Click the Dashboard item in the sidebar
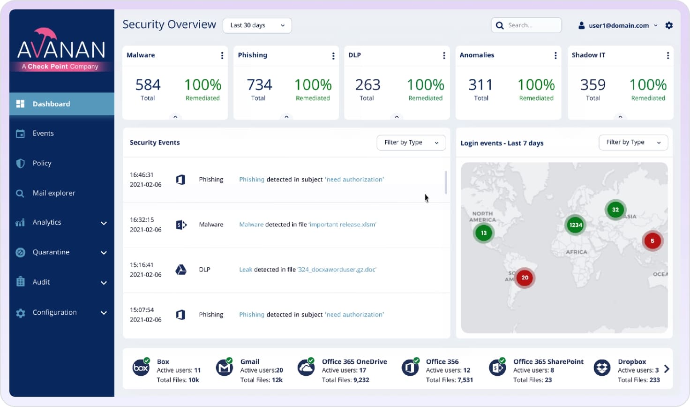coord(52,104)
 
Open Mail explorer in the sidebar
coord(53,193)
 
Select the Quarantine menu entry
coord(51,252)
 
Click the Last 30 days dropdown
coord(257,25)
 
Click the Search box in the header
coord(527,25)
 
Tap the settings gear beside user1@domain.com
coord(669,25)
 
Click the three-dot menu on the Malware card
coord(222,55)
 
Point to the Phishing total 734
coord(259,85)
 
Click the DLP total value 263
coord(367,85)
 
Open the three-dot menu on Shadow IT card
coord(667,55)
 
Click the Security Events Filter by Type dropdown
coord(411,143)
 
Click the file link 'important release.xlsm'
coord(342,225)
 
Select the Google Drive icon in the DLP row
coord(181,270)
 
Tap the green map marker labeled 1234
coord(575,225)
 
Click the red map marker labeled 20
coord(525,278)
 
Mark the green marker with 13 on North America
coord(483,233)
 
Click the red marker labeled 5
coord(652,241)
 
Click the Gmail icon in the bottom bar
coord(224,368)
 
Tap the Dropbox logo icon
coord(602,368)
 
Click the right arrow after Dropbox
coord(667,369)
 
